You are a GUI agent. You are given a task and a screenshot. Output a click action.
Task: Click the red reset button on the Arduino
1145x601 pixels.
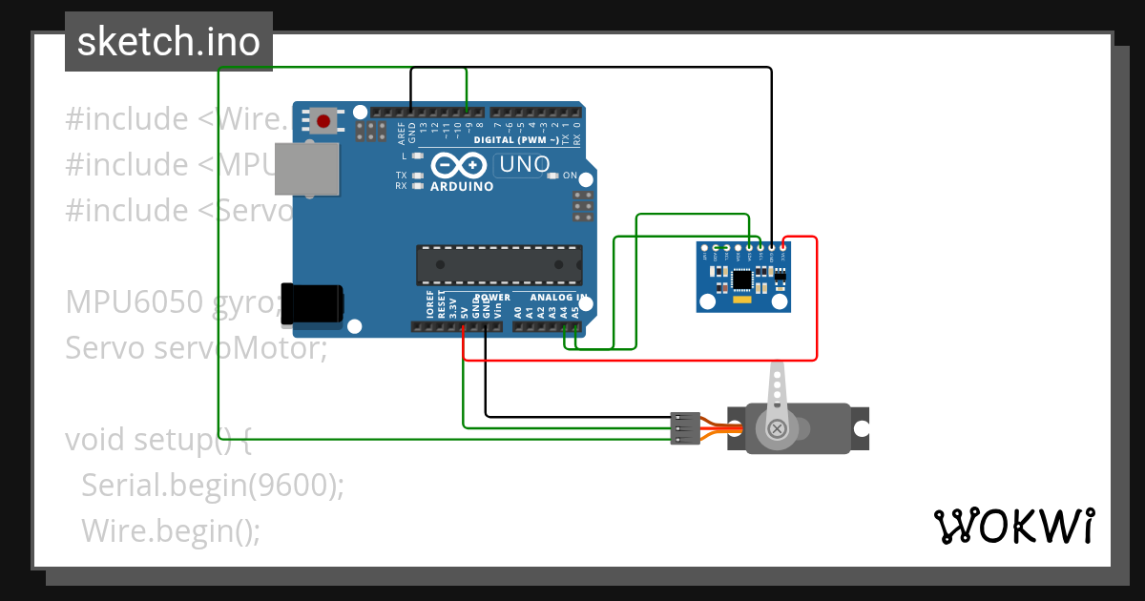323,121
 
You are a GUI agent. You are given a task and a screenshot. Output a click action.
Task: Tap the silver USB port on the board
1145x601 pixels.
305,170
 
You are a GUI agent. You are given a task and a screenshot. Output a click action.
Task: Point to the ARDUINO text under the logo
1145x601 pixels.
462,186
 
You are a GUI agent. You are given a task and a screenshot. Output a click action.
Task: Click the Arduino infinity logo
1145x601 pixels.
461,165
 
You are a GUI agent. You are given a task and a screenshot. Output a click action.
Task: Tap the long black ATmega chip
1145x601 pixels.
499,264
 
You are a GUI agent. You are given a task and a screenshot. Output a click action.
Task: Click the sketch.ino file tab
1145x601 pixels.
169,42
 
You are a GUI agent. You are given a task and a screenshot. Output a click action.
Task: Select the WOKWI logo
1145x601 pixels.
1013,526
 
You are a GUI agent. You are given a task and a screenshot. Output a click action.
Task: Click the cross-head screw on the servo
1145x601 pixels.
778,428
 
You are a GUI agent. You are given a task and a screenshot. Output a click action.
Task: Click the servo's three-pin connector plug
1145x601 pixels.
685,427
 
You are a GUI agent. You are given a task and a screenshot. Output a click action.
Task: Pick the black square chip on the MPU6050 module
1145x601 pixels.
742,280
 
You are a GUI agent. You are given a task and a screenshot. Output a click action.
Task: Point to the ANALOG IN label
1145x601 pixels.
558,298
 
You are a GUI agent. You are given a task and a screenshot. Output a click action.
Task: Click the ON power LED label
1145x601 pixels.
571,176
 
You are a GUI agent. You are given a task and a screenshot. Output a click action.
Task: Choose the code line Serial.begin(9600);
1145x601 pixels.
212,485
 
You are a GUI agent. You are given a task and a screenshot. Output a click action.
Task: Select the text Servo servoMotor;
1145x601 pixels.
196,348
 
